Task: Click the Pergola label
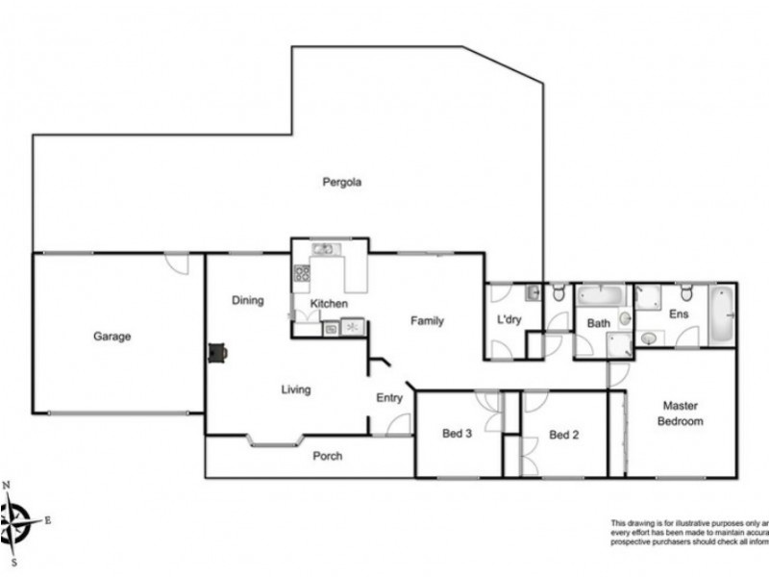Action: coord(341,181)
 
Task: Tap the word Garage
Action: coord(112,337)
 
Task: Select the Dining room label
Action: coord(247,300)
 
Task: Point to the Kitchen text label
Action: coord(328,305)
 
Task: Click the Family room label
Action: coord(427,320)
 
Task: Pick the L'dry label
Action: coord(508,319)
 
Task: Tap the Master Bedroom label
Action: coord(680,414)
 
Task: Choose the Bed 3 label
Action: coord(456,434)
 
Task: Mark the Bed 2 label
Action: coord(563,434)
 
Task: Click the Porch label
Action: coord(328,456)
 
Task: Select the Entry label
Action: coord(388,397)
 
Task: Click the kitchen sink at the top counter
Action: coord(323,250)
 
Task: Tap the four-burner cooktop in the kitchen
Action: coord(301,273)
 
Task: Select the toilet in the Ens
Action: coord(686,291)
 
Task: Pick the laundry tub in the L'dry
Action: coord(534,292)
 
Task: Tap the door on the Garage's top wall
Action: coord(177,262)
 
